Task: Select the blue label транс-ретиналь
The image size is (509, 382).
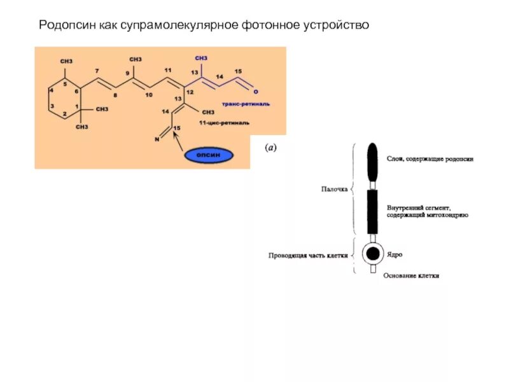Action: coord(246,103)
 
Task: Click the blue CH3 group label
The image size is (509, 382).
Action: coord(202,58)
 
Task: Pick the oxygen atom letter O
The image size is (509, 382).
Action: coord(256,92)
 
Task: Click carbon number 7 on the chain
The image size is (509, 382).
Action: coord(97,70)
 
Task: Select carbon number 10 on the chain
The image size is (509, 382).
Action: coord(149,95)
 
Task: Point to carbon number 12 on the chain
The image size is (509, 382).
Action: coord(190,93)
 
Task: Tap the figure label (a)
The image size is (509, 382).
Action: coord(270,148)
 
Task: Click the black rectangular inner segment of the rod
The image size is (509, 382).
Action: coord(372,212)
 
